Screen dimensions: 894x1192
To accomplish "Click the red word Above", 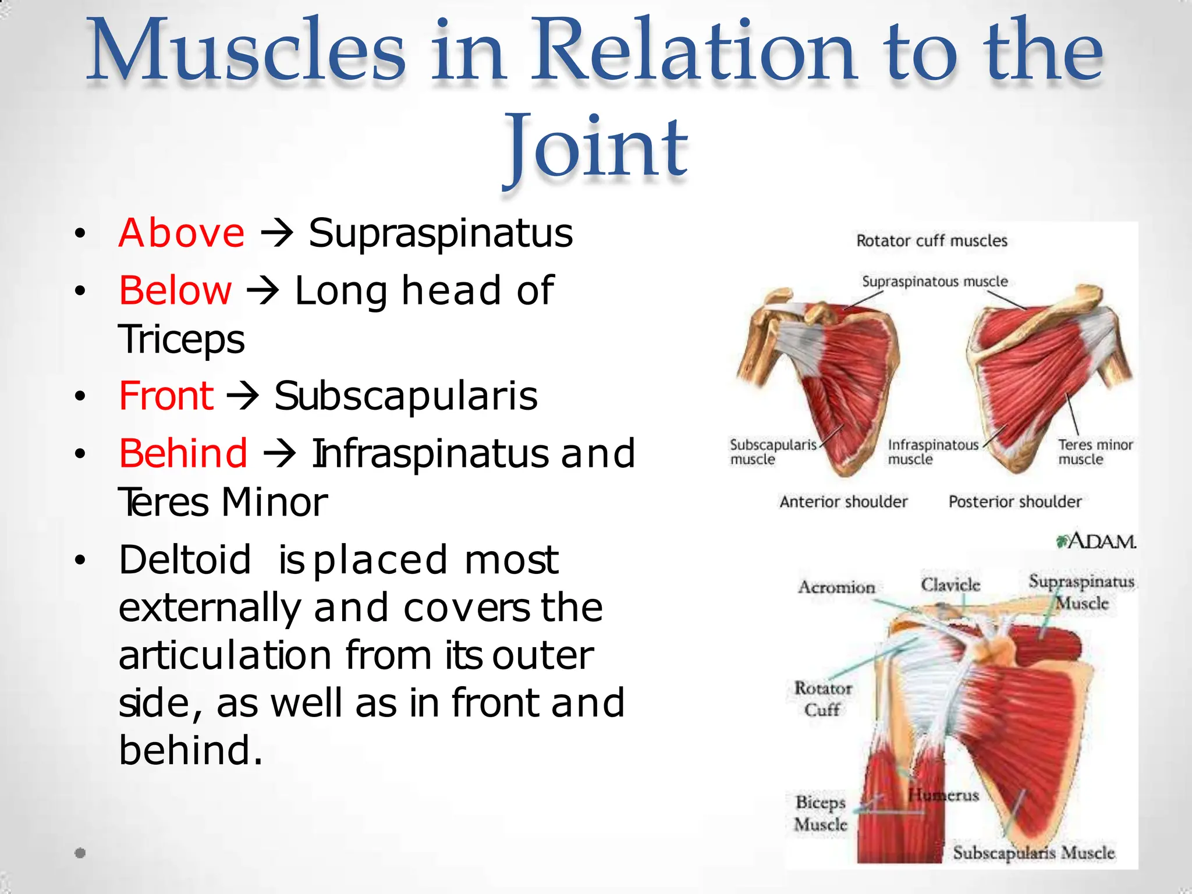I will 181,233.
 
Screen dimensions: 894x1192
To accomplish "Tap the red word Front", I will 166,396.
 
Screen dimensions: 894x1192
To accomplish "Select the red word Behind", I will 183,453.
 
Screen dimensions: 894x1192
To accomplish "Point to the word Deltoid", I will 185,560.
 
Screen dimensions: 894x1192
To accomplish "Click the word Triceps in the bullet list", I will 181,339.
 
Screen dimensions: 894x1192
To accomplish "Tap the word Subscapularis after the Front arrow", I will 406,396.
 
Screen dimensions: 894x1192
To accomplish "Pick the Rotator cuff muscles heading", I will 931,241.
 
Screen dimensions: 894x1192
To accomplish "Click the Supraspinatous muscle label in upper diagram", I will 934,282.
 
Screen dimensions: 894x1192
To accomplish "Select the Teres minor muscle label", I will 1095,452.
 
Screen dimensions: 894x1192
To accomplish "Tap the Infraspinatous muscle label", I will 932,452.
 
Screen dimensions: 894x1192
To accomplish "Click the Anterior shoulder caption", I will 843,502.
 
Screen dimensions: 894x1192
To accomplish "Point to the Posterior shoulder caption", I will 1014,502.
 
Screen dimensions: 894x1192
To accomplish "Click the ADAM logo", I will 1096,541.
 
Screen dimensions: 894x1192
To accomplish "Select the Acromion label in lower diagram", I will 836,587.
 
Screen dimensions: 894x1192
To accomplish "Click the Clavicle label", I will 950,584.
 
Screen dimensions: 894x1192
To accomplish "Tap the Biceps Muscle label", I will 820,813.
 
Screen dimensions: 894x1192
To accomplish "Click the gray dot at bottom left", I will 80,853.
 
